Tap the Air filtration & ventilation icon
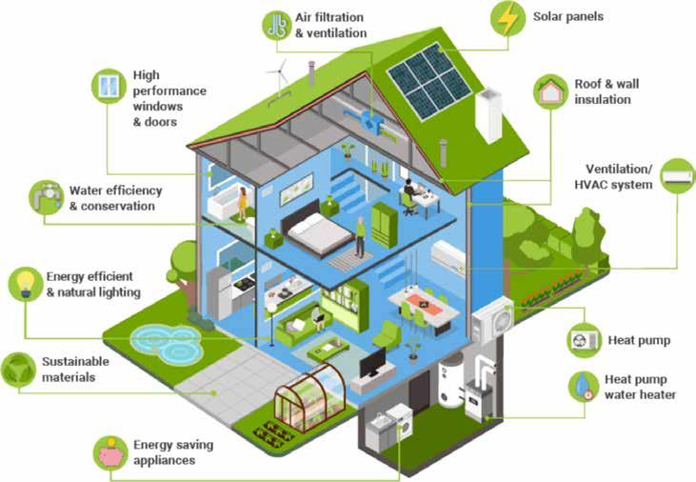tap(276, 25)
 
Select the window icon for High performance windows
tap(110, 86)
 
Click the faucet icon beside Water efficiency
tap(45, 197)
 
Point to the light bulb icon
tap(24, 284)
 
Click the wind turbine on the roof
tap(280, 76)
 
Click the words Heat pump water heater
tap(639, 387)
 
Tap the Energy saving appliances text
tap(172, 452)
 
